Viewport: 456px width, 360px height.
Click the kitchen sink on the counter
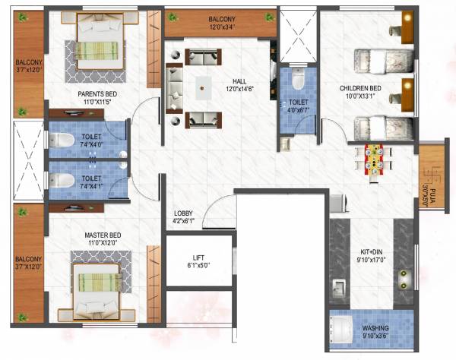click(337, 289)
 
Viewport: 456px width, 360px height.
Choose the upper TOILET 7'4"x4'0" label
click(91, 141)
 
